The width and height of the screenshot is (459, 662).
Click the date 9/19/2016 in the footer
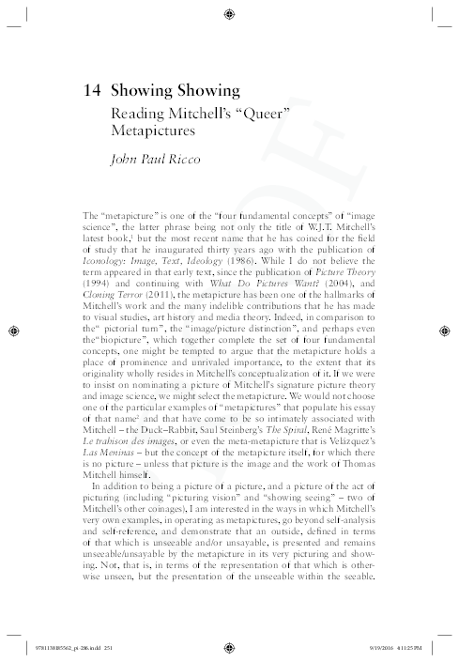point(369,648)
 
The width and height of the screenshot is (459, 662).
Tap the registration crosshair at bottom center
point(230,647)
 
